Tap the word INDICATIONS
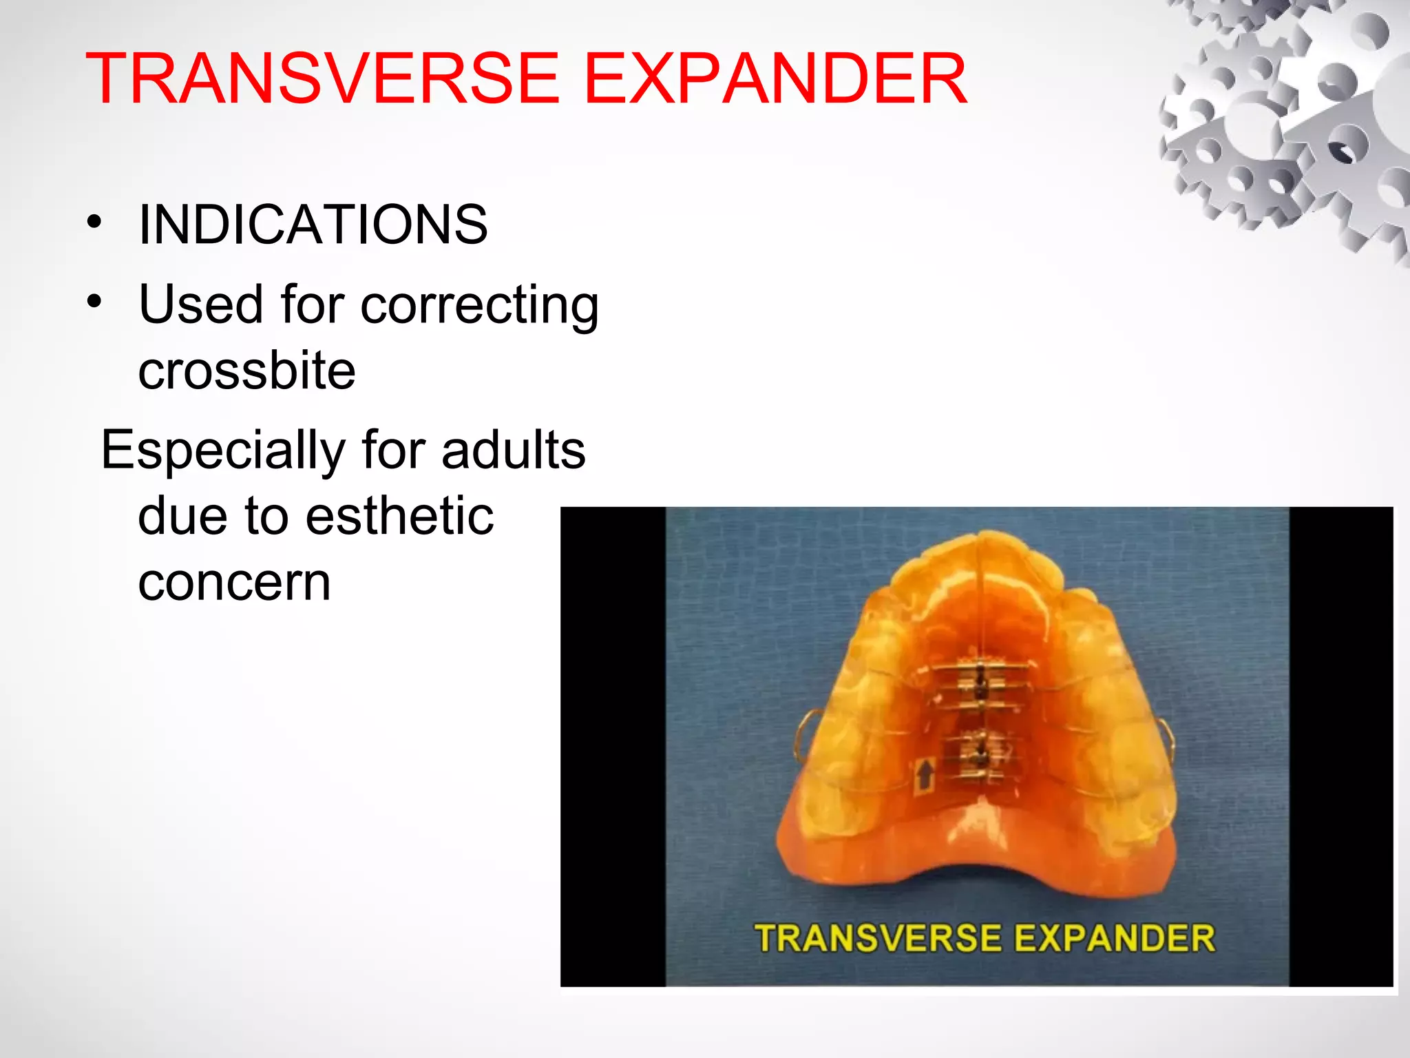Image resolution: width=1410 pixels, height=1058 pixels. point(313,225)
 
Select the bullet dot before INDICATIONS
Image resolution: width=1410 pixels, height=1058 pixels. point(94,222)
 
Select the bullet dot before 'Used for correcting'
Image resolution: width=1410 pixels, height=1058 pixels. point(94,302)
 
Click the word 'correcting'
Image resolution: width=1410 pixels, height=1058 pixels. point(480,305)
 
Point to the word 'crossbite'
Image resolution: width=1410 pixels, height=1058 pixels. point(246,371)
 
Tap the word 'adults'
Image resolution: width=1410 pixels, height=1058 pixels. point(513,450)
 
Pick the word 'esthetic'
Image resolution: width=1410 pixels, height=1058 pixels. point(399,516)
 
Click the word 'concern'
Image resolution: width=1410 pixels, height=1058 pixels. point(234,583)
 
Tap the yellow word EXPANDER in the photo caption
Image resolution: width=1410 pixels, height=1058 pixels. point(1114,938)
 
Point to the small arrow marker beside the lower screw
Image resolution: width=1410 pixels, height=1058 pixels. point(925,775)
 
